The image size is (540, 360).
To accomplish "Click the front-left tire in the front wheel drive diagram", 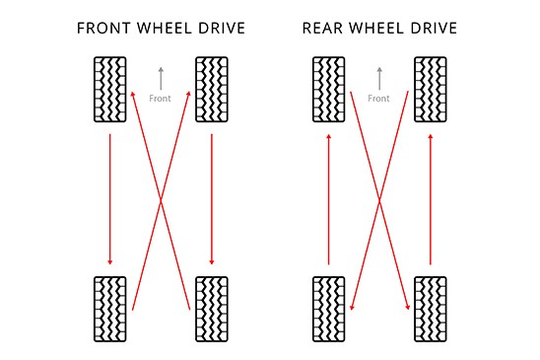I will [109, 89].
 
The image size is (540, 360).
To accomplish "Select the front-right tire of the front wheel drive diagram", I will [213, 89].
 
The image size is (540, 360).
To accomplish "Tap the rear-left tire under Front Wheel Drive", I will [109, 309].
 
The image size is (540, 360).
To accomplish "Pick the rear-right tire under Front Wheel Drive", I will [213, 309].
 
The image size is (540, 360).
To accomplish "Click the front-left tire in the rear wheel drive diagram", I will [329, 89].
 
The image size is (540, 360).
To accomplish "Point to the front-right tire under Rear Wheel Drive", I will [432, 89].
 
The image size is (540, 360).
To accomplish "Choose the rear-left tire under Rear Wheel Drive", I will [329, 309].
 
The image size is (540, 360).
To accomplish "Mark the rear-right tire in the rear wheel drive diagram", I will [432, 309].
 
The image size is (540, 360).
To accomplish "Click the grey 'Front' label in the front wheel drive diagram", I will [161, 99].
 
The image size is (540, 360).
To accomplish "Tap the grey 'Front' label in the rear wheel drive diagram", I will [379, 99].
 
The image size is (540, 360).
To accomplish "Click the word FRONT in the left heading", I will [103, 28].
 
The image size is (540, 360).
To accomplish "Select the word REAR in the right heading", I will [322, 28].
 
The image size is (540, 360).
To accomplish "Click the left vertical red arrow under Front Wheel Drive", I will [109, 198].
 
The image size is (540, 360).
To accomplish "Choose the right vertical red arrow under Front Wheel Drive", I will [213, 198].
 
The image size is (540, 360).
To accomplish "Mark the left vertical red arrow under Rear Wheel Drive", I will [329, 198].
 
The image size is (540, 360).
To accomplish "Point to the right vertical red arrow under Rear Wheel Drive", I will [432, 198].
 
